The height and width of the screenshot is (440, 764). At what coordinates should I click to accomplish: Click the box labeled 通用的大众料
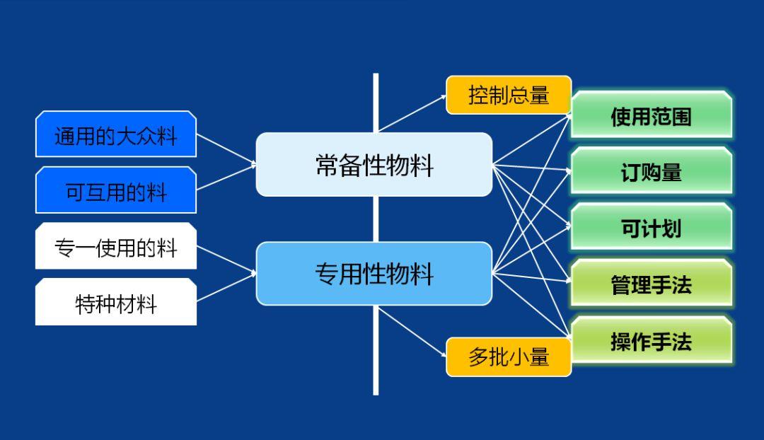115,134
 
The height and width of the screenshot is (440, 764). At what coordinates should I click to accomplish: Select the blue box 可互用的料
115,191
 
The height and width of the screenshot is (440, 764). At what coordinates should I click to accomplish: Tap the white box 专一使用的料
115,247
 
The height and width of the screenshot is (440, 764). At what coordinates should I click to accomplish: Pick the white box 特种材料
115,303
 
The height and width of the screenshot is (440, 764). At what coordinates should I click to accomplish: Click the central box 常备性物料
374,165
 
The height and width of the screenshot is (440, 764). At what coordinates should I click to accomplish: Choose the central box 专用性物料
374,274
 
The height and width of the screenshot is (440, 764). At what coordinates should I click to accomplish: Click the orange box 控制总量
508,95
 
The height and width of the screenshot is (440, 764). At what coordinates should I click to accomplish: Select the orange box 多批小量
508,357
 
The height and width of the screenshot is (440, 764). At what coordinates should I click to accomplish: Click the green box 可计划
651,228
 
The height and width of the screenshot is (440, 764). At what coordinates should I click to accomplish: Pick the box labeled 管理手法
651,284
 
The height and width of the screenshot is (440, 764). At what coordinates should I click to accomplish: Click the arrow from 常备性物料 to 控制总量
412,114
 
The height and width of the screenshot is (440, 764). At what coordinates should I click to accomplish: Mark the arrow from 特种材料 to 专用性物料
226,287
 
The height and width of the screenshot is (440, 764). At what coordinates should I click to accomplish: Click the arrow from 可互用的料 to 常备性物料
226,178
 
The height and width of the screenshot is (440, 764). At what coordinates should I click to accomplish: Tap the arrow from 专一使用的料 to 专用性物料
226,259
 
